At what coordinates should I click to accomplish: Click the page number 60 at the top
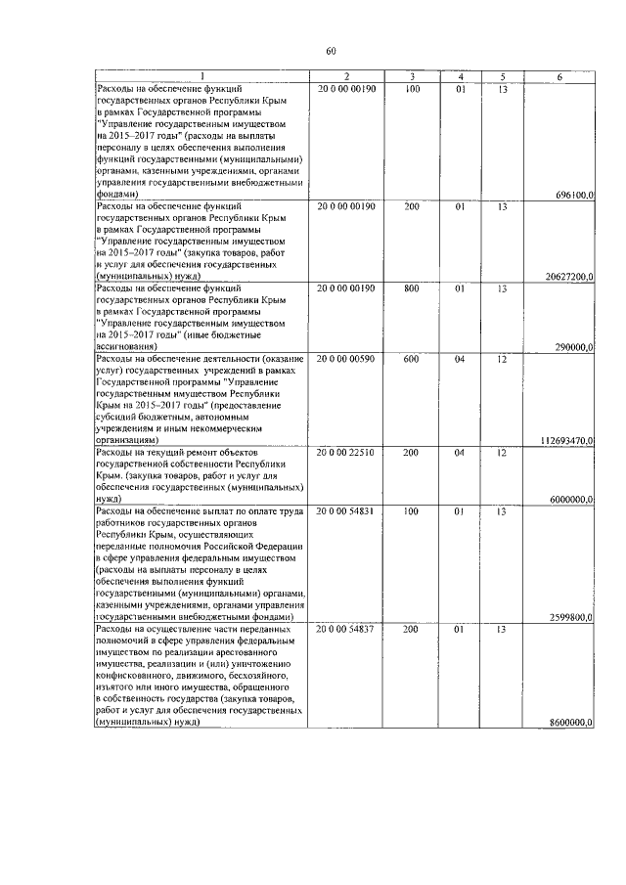pos(330,51)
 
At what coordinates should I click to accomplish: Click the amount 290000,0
pos(574,346)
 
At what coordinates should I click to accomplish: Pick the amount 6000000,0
pos(572,499)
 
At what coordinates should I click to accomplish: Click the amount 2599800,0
pos(572,617)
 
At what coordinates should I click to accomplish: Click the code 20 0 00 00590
pos(346,359)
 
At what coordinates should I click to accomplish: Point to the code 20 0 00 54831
pos(346,510)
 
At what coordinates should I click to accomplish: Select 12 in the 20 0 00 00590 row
pos(502,359)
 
